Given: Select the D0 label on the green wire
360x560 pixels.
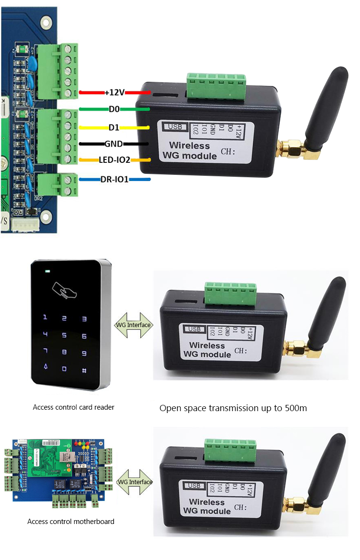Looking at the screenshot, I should coord(114,110).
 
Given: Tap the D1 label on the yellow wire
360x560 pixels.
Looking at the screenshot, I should coord(114,128).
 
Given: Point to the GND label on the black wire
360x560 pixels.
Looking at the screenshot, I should coord(114,143).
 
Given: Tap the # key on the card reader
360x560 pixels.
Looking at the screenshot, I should coord(84,370).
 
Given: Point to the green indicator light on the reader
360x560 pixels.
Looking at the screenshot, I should coord(48,271).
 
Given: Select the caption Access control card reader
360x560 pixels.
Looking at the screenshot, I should coord(73,407).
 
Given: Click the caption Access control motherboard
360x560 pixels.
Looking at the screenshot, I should coord(71,521).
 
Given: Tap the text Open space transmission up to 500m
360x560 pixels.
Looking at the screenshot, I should coord(233,408).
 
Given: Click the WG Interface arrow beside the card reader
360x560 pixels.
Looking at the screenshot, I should coord(134,325).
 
